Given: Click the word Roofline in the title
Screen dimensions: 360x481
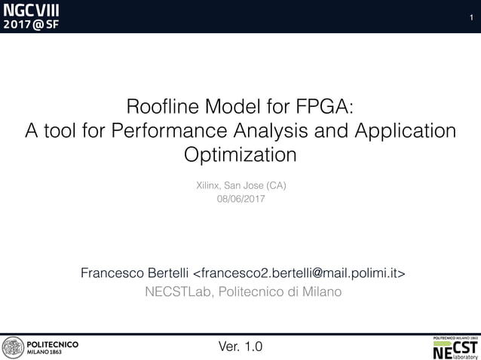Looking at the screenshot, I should pyautogui.click(x=158, y=106).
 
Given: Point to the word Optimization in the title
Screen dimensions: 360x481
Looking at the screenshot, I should pyautogui.click(x=240, y=156).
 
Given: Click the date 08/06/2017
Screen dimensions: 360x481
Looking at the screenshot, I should pyautogui.click(x=240, y=199).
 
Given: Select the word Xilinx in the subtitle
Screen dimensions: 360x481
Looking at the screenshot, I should pyautogui.click(x=207, y=185).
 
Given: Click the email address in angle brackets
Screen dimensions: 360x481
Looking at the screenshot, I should pyautogui.click(x=300, y=272).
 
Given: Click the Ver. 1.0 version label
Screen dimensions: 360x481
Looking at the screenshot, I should pyautogui.click(x=240, y=347).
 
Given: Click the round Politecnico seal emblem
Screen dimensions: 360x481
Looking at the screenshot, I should pyautogui.click(x=12, y=347).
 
